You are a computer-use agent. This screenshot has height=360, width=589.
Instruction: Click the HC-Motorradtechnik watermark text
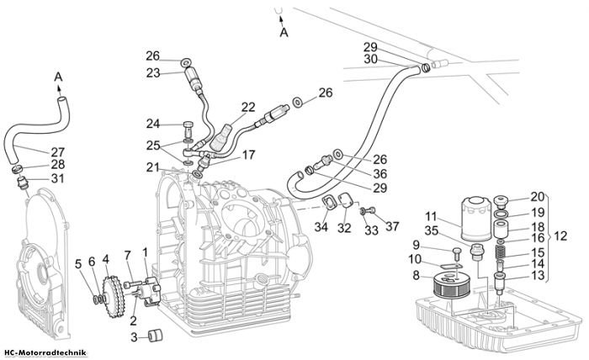click(45, 353)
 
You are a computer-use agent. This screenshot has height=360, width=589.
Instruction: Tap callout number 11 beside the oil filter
click(432, 216)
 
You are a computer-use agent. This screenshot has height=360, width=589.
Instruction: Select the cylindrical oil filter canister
click(476, 219)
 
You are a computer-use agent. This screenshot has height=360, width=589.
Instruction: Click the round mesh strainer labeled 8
click(448, 286)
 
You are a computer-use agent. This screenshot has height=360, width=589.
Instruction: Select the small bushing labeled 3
click(156, 336)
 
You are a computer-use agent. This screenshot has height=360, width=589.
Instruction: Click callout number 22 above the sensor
click(248, 108)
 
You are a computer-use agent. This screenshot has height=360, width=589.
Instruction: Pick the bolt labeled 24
click(188, 129)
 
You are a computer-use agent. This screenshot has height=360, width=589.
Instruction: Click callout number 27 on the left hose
click(58, 152)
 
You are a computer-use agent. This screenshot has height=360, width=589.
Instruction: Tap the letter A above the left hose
click(58, 77)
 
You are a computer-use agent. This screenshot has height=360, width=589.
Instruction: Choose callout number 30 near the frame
click(370, 60)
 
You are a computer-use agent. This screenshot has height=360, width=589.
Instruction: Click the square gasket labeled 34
click(330, 203)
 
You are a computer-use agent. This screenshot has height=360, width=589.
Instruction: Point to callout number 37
click(392, 226)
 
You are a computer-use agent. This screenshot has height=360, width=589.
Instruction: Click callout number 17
click(248, 155)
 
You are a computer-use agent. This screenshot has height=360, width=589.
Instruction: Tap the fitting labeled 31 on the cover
click(23, 184)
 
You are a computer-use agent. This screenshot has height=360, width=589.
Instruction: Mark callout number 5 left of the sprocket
click(78, 264)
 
